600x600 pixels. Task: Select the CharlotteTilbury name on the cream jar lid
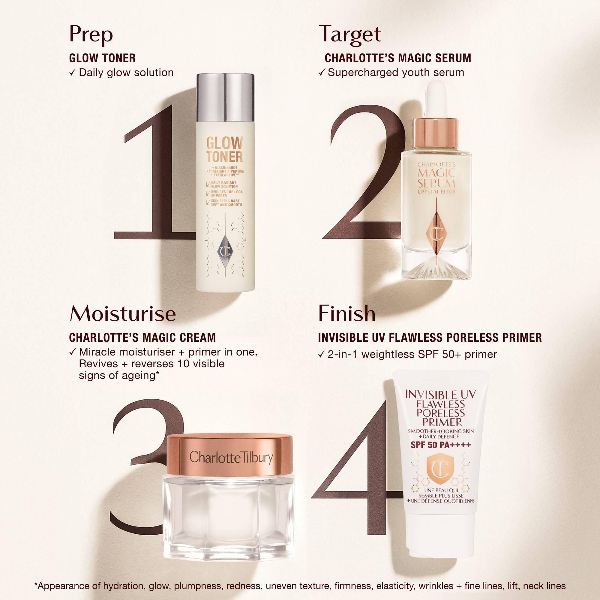tap(231, 458)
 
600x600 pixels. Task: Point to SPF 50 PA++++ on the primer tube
tap(441, 445)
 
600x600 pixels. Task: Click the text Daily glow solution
tap(126, 73)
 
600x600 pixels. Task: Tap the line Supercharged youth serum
tap(396, 73)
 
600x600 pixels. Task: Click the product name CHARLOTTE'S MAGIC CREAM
tap(142, 337)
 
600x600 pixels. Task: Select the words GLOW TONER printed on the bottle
tap(224, 150)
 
